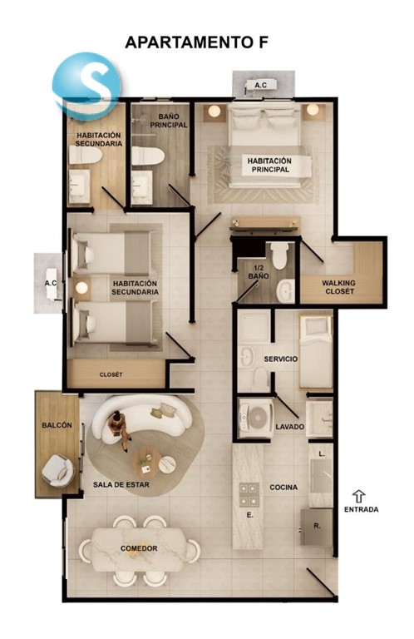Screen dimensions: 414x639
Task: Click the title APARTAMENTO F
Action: [197, 42]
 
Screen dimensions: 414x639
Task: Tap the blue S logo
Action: [87, 86]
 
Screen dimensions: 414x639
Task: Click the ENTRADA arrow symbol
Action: [358, 496]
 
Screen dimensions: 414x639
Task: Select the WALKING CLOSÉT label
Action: [338, 287]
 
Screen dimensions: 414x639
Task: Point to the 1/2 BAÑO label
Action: [259, 272]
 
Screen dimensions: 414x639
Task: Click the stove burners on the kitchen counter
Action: [249, 494]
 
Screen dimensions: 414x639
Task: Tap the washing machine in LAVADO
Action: [256, 419]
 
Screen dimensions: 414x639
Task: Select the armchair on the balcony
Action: [59, 471]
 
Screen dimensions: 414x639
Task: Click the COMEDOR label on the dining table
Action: [139, 548]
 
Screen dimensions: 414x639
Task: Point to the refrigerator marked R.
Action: [317, 527]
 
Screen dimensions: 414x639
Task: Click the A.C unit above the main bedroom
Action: [261, 86]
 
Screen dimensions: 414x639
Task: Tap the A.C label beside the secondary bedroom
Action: [51, 283]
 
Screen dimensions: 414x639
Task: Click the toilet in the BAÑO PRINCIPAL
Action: [148, 156]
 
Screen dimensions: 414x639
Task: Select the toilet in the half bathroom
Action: [279, 256]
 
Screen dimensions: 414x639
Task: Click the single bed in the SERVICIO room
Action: [316, 351]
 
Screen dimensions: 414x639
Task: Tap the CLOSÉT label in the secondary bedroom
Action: [111, 374]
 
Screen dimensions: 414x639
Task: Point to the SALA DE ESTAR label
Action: [121, 484]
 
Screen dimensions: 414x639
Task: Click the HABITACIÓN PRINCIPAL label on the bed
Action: [269, 165]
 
